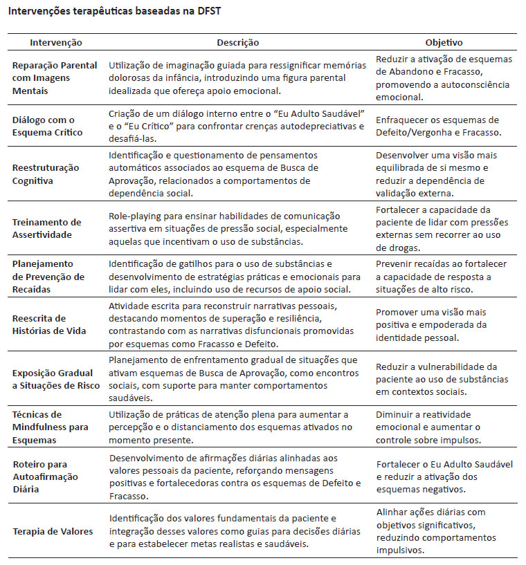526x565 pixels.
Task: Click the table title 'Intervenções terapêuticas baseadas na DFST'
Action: click(125, 12)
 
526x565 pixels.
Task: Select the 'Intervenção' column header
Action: click(55, 43)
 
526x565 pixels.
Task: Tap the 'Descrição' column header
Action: click(237, 43)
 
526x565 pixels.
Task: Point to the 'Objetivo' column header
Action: click(444, 43)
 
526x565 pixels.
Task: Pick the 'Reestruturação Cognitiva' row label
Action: click(46, 174)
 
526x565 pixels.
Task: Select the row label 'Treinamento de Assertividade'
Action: click(46, 228)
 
